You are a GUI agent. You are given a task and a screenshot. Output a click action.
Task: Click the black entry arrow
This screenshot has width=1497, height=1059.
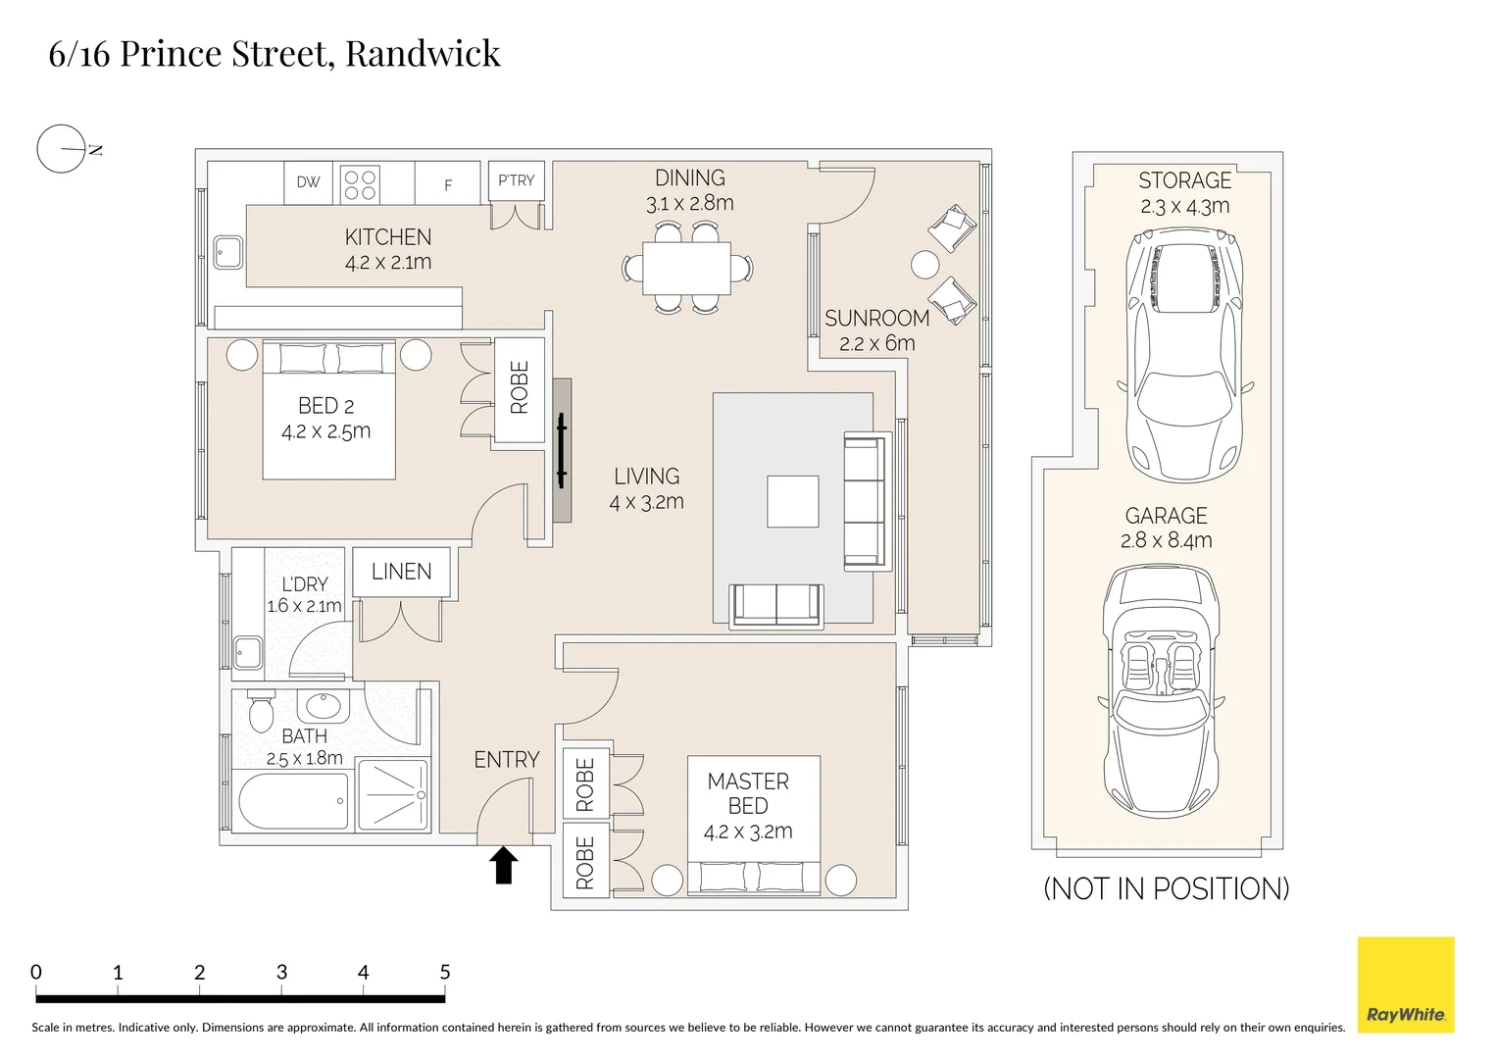[504, 865]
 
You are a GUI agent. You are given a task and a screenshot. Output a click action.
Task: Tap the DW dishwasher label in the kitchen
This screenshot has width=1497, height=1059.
[308, 182]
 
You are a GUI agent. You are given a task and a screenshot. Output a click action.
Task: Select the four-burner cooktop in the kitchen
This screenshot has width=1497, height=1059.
[360, 184]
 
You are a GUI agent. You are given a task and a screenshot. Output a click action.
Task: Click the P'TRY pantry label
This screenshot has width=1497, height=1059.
[516, 181]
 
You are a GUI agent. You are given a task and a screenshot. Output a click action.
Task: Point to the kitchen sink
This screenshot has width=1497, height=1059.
[229, 252]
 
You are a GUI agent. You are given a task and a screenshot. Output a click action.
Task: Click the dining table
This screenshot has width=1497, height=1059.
[686, 268]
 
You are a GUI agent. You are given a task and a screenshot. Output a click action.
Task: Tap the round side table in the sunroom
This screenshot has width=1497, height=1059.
[924, 265]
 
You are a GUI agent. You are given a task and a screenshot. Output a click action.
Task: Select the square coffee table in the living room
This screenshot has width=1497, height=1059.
[792, 501]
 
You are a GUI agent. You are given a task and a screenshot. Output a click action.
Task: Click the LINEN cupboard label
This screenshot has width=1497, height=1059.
[401, 572]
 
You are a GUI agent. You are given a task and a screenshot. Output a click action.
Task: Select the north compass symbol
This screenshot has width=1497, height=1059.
[62, 150]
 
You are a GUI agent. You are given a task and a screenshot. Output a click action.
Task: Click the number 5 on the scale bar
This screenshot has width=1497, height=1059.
[444, 973]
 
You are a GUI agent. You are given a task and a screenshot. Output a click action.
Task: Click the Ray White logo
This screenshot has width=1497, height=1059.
[1405, 984]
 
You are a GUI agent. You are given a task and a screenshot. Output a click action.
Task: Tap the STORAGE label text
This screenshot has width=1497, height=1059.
[1184, 180]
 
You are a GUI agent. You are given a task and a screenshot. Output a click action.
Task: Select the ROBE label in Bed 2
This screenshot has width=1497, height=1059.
[520, 388]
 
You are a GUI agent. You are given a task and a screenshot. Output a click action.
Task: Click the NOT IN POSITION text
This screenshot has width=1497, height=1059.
[1166, 888]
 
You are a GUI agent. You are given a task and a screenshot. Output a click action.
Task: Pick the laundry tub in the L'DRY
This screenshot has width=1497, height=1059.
[247, 652]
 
